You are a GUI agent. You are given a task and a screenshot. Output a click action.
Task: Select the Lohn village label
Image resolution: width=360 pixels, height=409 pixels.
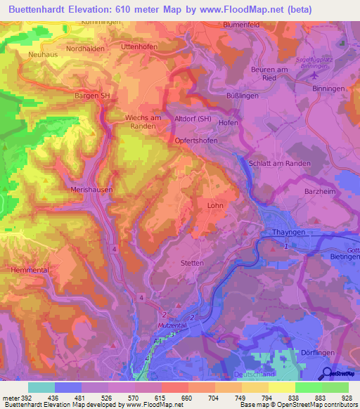216,205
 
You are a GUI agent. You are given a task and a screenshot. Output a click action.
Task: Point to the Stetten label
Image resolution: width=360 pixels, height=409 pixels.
193,263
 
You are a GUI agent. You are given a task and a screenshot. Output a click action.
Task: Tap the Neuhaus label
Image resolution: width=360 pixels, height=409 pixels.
41,53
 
